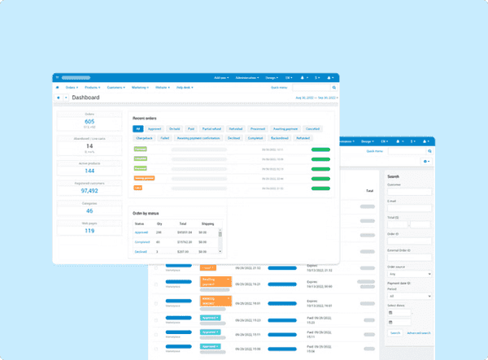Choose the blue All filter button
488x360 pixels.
point(138,128)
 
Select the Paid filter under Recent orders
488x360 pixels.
point(191,128)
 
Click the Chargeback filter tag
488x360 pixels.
point(144,139)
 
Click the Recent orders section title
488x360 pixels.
point(145,119)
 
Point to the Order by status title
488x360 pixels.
point(148,213)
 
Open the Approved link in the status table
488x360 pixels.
point(142,232)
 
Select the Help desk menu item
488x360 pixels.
point(187,86)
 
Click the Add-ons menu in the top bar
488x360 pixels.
point(221,77)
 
